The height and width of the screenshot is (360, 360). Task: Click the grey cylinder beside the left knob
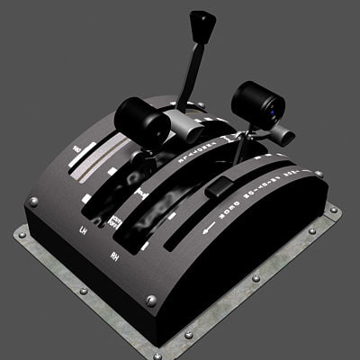tap(176, 123)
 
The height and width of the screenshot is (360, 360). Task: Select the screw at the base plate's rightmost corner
tap(334, 211)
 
